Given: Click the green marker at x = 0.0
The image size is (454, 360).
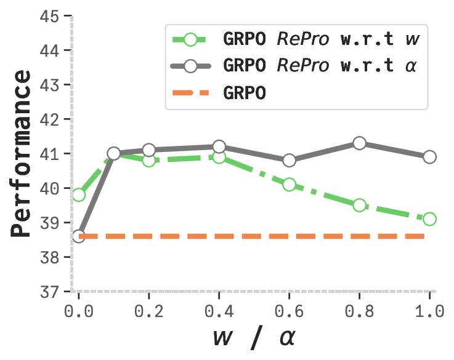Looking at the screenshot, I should tap(78, 195).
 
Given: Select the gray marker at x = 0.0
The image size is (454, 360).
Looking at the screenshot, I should tap(78, 236).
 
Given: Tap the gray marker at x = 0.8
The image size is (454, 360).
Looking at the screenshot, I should tap(359, 143).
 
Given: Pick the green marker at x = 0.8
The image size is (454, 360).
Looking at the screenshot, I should tap(359, 205).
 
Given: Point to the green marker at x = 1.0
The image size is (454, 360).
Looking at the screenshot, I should tap(429, 219).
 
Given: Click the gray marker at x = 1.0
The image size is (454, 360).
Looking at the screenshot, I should tap(429, 157).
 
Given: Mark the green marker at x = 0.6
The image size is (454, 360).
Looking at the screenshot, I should tap(289, 185).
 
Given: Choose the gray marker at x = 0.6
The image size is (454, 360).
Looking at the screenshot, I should tap(289, 161).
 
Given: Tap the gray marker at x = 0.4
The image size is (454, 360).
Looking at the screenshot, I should tap(219, 146).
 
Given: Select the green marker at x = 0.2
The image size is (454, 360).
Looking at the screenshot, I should tap(148, 161).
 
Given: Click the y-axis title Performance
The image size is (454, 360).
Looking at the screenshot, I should tap(22, 154).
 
